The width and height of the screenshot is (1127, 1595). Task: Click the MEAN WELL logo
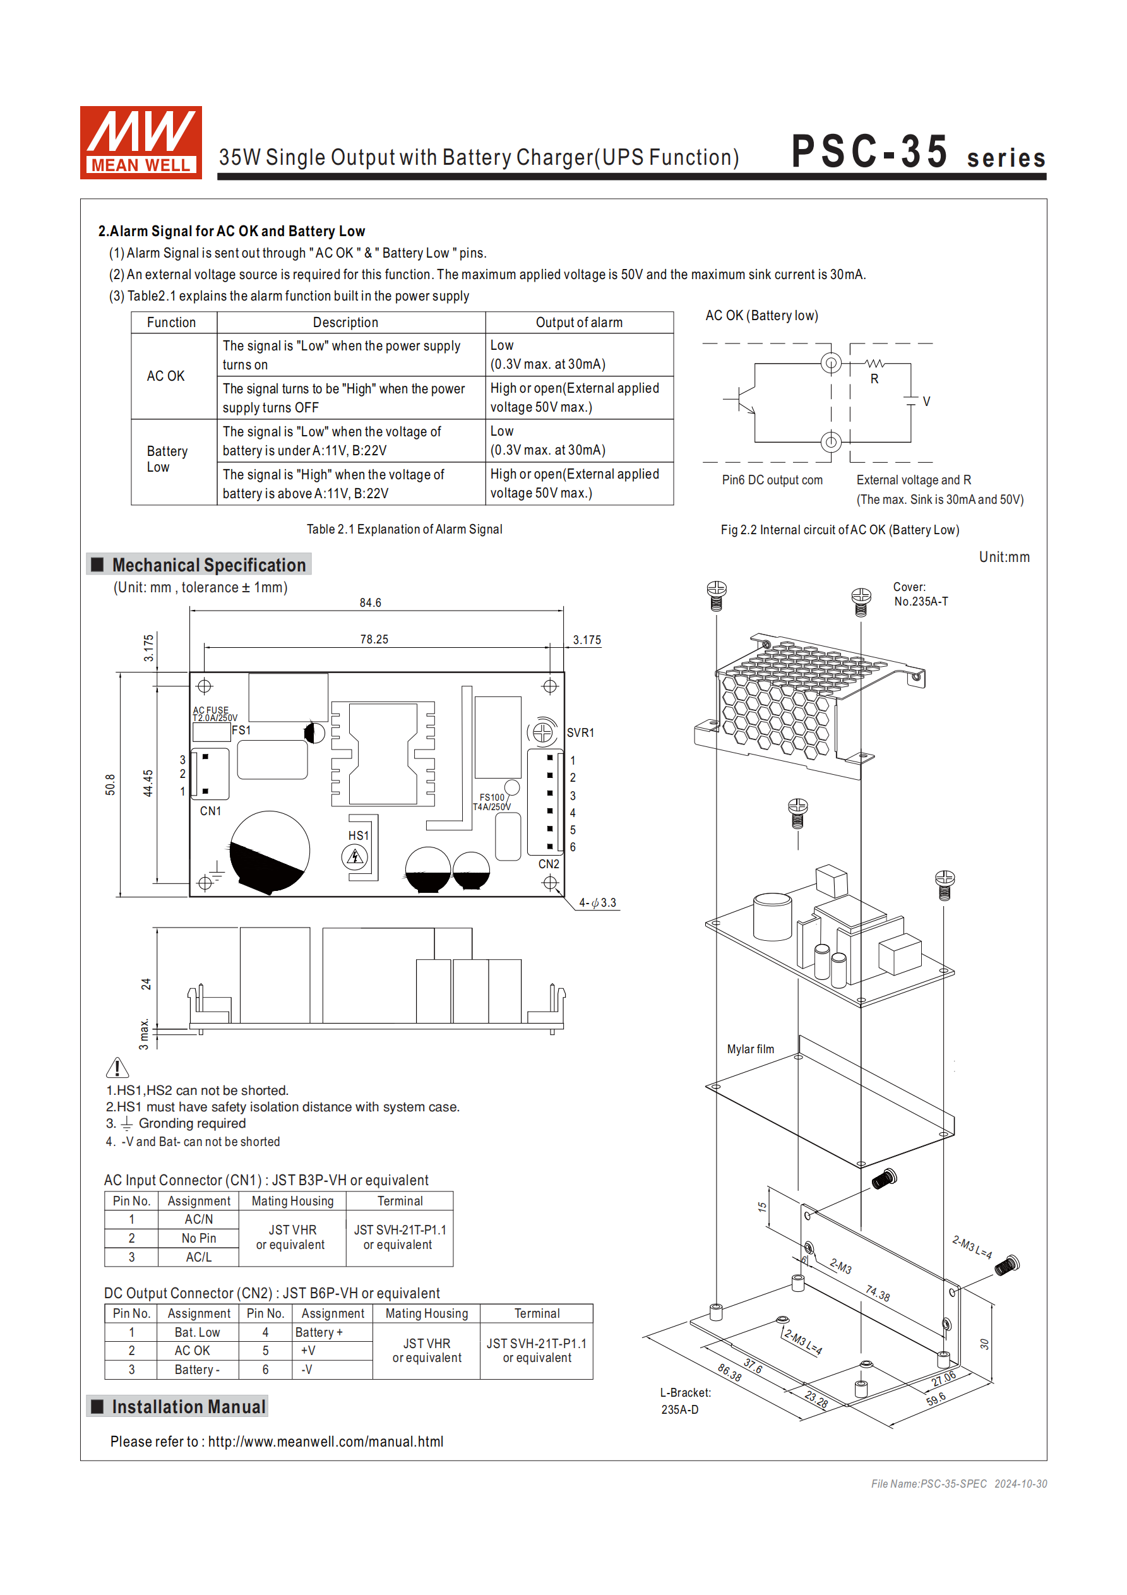[140, 143]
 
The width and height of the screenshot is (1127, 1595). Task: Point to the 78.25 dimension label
[374, 639]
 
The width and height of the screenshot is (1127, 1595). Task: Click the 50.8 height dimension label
[110, 784]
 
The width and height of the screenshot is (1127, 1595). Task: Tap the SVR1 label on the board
[580, 733]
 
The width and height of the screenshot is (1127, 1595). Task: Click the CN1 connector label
[210, 811]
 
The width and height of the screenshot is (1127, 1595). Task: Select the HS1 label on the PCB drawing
[358, 836]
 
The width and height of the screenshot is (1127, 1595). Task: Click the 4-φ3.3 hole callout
[597, 902]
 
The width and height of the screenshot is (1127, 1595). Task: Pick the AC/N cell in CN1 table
[199, 1219]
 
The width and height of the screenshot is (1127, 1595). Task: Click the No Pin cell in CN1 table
[199, 1238]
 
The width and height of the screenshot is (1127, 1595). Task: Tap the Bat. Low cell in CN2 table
[198, 1332]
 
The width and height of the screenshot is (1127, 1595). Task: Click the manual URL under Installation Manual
[325, 1442]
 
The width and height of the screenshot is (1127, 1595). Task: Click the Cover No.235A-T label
[920, 595]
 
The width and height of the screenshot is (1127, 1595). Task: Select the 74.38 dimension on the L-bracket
[877, 1293]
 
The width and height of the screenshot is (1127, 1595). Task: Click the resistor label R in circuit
[874, 379]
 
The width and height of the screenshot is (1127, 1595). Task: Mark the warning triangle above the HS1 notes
[117, 1068]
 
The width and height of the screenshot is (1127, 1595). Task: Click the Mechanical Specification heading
[208, 565]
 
